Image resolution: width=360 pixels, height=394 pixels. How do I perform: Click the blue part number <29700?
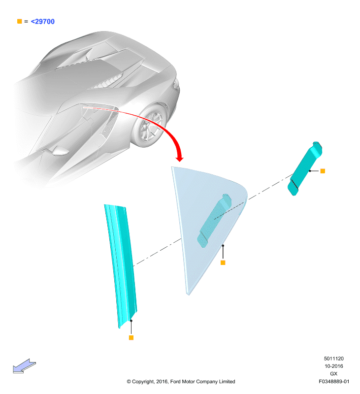[x=42, y=22]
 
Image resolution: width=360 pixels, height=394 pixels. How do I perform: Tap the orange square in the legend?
[x=20, y=21]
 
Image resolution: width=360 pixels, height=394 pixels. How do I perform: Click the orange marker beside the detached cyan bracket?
[x=323, y=171]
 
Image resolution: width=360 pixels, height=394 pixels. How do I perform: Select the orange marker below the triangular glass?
[x=223, y=263]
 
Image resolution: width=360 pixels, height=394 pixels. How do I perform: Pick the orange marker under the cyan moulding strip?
[x=131, y=338]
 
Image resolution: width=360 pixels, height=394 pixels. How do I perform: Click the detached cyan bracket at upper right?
[x=305, y=168]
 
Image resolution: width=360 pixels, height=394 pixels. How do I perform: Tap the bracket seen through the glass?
[x=214, y=220]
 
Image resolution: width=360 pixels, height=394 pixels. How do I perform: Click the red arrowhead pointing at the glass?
[x=179, y=158]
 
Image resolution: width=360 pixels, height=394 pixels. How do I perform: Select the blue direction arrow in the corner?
[x=24, y=366]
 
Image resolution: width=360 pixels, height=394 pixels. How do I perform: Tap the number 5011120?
[x=333, y=359]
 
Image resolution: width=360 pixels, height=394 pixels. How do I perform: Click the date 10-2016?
[x=333, y=366]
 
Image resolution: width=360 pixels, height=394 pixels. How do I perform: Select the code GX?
[x=333, y=374]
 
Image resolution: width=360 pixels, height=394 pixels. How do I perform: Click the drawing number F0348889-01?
[x=334, y=381]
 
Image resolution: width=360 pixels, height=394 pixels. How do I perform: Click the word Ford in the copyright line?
[x=175, y=381]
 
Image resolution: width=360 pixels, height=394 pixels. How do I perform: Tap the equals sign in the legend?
[x=26, y=22]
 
